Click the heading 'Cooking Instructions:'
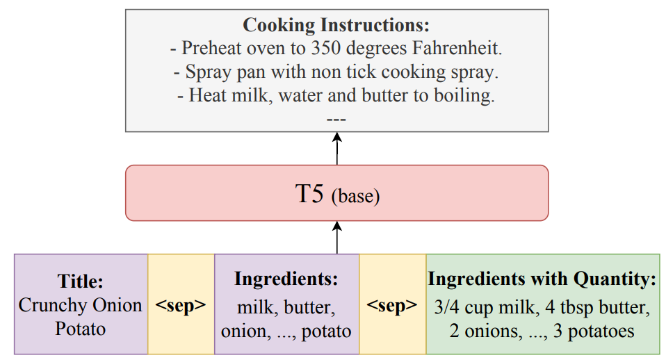(336, 25)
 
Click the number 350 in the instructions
(326, 48)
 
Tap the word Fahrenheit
(457, 48)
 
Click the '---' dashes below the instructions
(336, 120)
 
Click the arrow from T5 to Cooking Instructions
(337, 148)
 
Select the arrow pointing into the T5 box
(337, 237)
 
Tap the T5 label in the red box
(309, 194)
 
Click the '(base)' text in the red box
(355, 196)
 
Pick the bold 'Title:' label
(80, 281)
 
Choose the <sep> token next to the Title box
(181, 305)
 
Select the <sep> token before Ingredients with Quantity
(391, 305)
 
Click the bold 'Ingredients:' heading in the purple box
(286, 279)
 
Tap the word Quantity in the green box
(615, 279)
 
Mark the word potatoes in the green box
(601, 332)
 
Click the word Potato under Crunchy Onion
(80, 329)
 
